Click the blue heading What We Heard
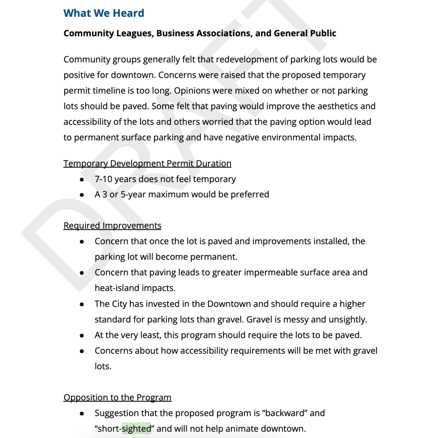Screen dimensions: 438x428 coord(104,13)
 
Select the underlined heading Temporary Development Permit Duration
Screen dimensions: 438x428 coord(147,164)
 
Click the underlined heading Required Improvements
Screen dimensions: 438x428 coord(112,226)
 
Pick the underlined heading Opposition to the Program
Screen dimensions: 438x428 coord(117,398)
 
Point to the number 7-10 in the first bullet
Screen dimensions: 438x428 coord(103,179)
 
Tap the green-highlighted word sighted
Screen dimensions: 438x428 coord(136,429)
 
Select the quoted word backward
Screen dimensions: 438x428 coord(284,413)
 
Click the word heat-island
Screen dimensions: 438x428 coord(115,288)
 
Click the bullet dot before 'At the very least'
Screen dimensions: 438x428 coord(82,336)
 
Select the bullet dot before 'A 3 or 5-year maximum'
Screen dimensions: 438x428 coord(82,195)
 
